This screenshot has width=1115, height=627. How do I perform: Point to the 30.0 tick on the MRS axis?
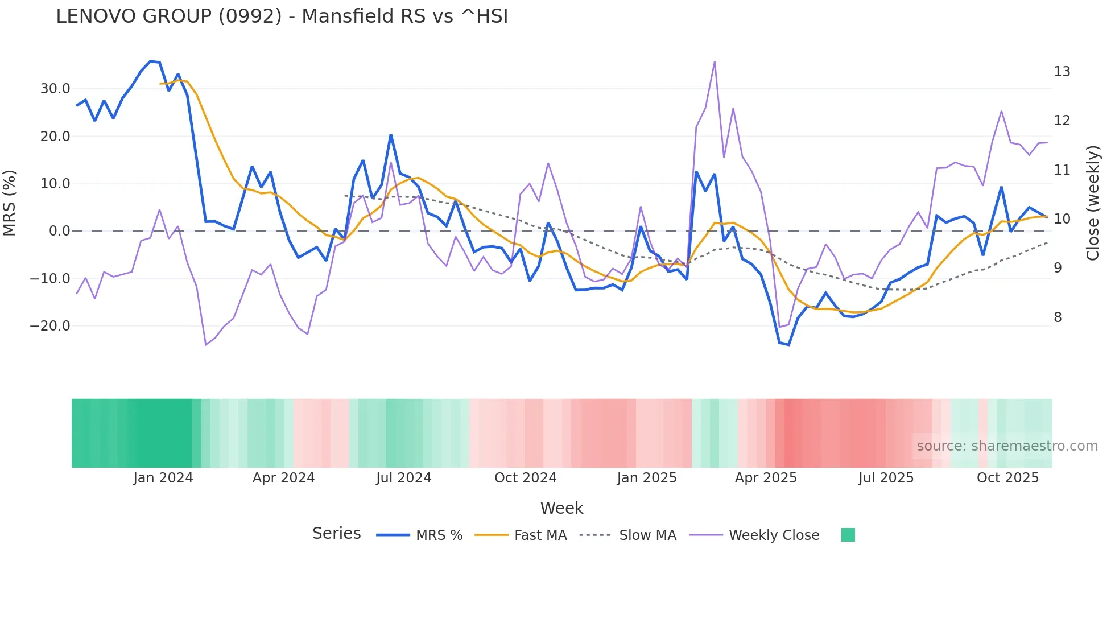(x=55, y=89)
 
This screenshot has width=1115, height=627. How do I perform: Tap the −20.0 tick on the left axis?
(x=51, y=326)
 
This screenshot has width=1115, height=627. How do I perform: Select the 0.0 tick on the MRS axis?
(x=60, y=231)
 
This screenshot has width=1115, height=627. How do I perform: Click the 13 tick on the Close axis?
(x=1062, y=72)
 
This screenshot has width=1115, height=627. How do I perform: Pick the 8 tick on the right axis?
(x=1058, y=317)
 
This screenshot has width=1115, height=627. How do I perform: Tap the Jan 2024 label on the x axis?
(x=163, y=478)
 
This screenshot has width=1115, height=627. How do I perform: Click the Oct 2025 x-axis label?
(x=1007, y=478)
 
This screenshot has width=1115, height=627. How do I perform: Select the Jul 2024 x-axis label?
(x=403, y=478)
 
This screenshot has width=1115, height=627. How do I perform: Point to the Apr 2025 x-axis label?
(x=766, y=478)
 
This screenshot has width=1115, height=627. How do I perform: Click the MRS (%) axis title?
(x=10, y=203)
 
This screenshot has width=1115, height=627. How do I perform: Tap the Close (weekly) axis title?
(x=1093, y=203)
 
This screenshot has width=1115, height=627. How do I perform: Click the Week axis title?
(x=561, y=508)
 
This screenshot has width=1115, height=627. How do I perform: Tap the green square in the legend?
(x=848, y=535)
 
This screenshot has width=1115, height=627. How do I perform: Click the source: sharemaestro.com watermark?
(x=1007, y=446)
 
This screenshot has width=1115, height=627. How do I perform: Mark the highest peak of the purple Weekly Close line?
(x=715, y=62)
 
